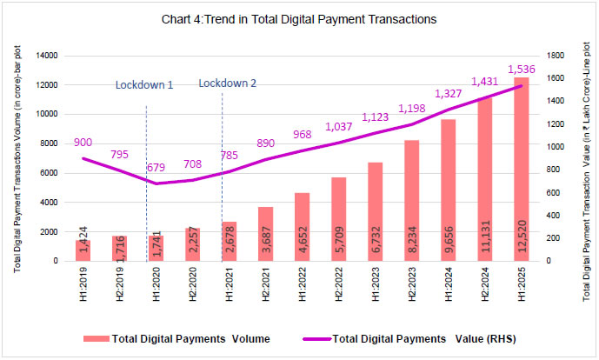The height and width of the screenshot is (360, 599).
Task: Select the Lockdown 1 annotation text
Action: point(144,85)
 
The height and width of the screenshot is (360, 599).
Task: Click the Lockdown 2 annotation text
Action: point(228,83)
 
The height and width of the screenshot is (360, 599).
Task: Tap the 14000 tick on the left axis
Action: point(45,56)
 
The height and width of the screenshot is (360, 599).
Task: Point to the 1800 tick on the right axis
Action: point(565,56)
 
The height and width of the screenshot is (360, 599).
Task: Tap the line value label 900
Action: point(83,143)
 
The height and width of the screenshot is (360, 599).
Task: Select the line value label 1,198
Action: point(414,109)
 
